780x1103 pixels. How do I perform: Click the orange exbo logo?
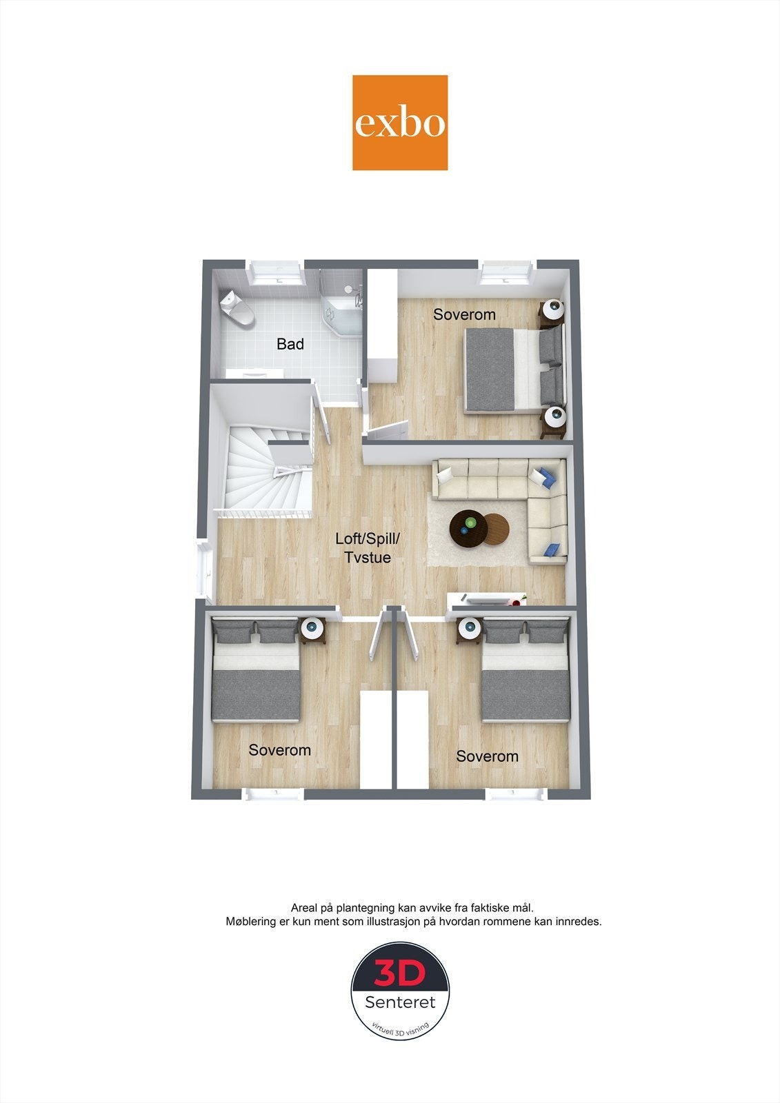pos(400,123)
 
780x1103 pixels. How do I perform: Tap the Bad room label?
pos(290,343)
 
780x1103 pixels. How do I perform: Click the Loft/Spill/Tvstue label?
pos(367,548)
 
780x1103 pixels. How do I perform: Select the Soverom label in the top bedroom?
pos(464,314)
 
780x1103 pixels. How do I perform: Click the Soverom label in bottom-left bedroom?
pos(279,749)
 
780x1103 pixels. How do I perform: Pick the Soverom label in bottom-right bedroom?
pos(487,756)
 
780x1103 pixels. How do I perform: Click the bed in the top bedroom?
pos(514,371)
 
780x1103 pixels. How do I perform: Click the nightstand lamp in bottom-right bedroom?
pos(470,627)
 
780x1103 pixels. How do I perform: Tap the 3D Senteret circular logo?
pos(400,991)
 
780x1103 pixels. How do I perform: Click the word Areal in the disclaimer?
pos(304,908)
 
